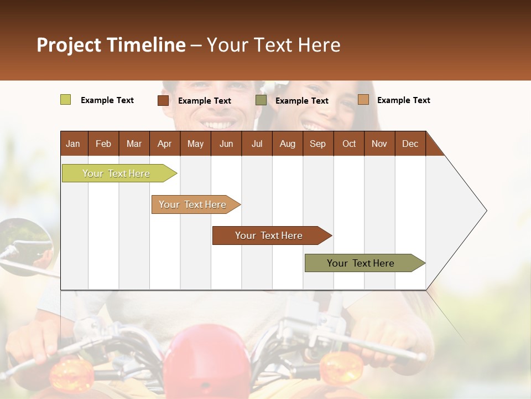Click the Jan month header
click(x=73, y=144)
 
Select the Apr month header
click(x=164, y=144)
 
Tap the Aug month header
click(x=287, y=144)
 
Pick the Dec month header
click(x=410, y=144)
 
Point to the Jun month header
click(x=226, y=144)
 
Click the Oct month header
click(x=348, y=144)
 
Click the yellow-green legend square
click(x=65, y=100)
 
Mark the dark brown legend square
click(x=163, y=100)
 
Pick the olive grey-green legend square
click(x=261, y=100)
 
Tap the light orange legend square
click(x=363, y=100)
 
